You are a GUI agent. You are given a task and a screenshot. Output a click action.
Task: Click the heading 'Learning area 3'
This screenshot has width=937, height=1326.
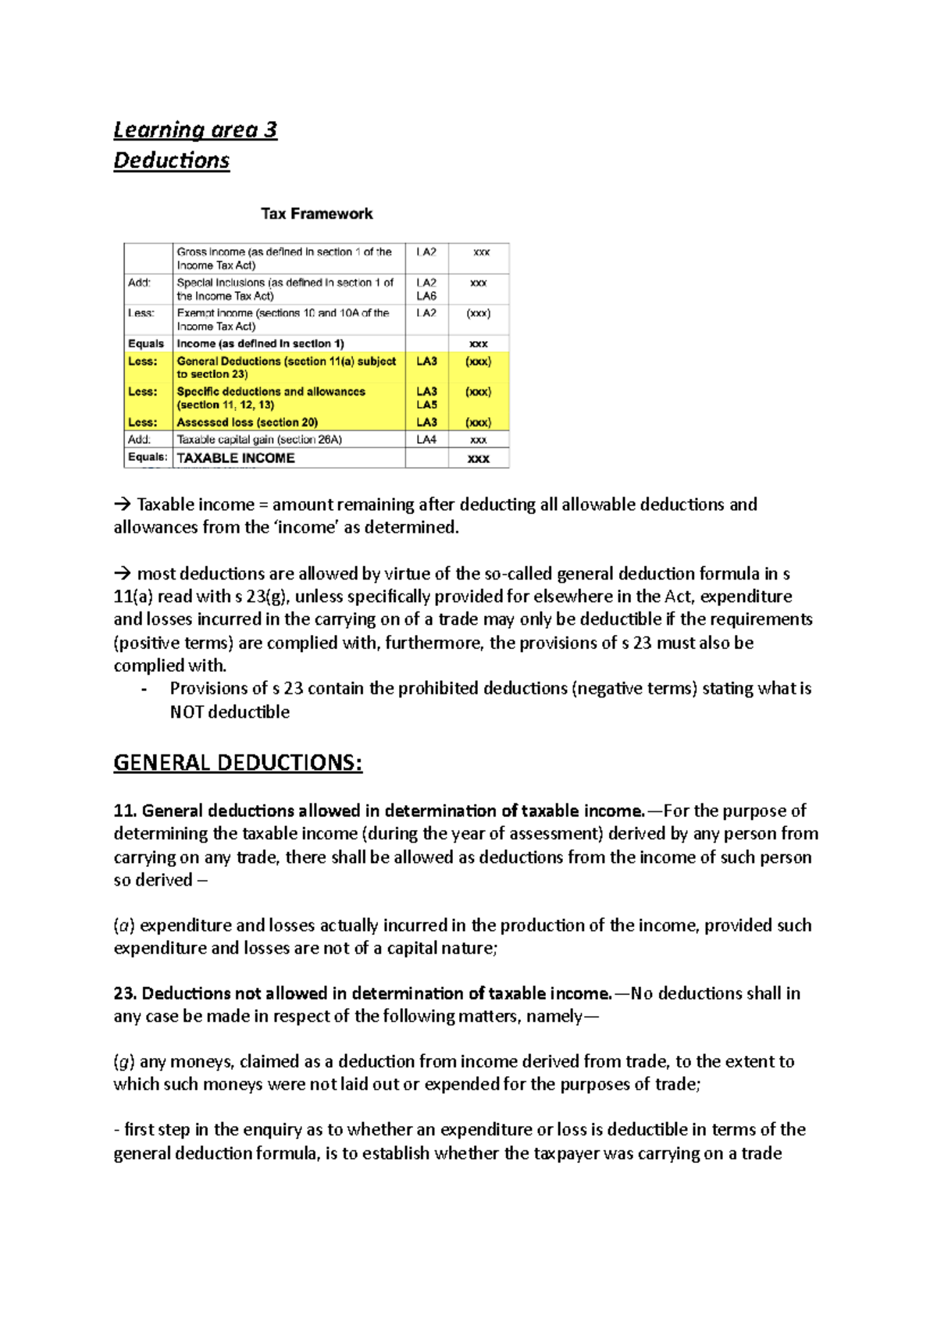[195, 130]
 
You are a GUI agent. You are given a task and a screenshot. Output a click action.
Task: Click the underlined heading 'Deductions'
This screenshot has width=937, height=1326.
[172, 160]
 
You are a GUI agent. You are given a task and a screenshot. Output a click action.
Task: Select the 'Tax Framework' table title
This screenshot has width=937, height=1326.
[316, 214]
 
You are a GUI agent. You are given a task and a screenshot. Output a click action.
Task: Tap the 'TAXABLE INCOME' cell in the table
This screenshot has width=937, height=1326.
[236, 458]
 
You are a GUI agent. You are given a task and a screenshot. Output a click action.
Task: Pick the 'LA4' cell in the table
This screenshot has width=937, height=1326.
[426, 440]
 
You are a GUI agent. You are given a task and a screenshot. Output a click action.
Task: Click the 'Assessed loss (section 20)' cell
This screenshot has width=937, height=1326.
[247, 422]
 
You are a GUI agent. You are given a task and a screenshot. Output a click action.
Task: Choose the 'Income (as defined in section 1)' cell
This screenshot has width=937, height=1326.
[260, 344]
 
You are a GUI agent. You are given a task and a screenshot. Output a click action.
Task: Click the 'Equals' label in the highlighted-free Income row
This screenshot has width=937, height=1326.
[146, 344]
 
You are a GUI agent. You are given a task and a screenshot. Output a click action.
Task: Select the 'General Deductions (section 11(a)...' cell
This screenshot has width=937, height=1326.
[286, 367]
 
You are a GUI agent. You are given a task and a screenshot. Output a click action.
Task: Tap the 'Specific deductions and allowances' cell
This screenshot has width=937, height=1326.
[271, 397]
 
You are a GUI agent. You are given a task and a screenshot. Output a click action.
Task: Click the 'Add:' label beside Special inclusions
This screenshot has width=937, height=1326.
[139, 283]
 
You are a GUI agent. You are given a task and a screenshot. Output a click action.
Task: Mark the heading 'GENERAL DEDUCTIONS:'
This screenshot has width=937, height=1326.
[237, 762]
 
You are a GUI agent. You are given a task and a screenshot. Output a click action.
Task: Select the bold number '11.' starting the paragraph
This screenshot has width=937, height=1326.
[125, 811]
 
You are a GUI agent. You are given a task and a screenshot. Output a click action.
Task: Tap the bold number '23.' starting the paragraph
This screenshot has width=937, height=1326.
[125, 993]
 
